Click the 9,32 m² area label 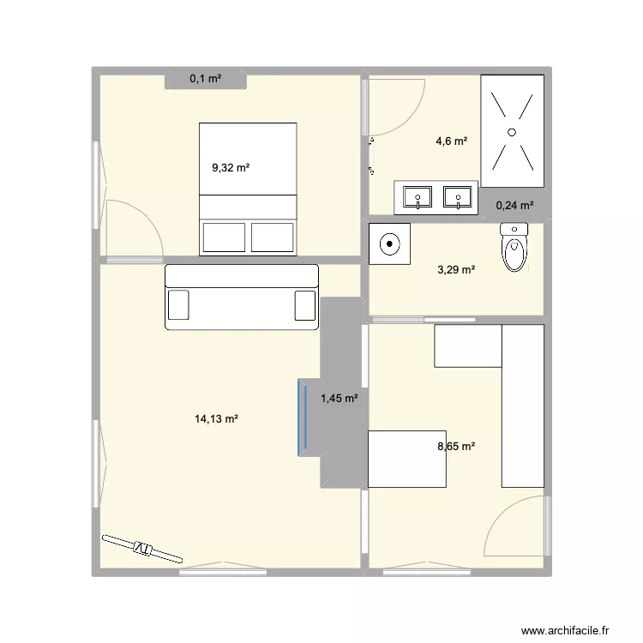click(231, 168)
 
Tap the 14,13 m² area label click(216, 419)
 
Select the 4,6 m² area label click(452, 141)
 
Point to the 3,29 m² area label click(456, 270)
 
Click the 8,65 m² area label click(456, 446)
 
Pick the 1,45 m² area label click(340, 398)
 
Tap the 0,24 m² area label click(514, 206)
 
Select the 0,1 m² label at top click(206, 78)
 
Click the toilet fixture click(514, 247)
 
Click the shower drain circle click(512, 132)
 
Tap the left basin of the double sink click(418, 197)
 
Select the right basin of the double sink click(458, 197)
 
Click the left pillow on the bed click(224, 237)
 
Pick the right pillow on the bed click(273, 237)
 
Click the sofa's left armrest click(178, 304)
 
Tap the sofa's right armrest click(305, 304)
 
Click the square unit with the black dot click(389, 244)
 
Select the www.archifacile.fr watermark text click(565, 631)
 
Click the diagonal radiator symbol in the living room click(142, 549)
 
